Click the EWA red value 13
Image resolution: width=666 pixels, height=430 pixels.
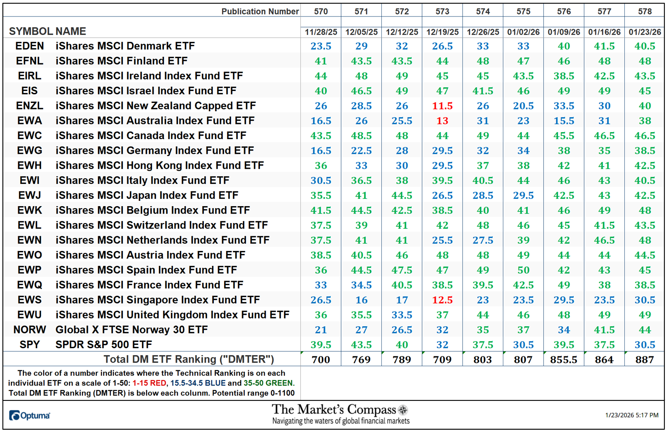click(x=442, y=121)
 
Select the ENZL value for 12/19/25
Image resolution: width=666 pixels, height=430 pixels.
click(x=442, y=106)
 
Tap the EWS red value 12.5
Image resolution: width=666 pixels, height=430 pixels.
click(x=442, y=300)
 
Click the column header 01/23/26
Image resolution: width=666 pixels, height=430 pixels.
click(x=645, y=32)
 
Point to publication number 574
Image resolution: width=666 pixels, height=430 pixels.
click(x=483, y=12)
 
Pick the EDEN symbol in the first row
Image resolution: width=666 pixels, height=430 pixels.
click(x=30, y=46)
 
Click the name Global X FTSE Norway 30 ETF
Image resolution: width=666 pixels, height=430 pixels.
click(x=131, y=330)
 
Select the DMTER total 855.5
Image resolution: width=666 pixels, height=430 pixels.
click(x=563, y=360)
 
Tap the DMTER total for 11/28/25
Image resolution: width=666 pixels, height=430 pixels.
click(x=320, y=360)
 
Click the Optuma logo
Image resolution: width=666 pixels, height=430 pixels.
click(x=30, y=416)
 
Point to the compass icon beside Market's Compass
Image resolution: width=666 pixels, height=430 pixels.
click(x=403, y=410)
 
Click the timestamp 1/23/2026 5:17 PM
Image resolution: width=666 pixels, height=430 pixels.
click(x=631, y=415)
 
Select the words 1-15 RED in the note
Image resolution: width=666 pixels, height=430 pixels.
click(x=149, y=383)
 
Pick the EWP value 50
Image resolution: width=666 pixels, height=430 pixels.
click(x=523, y=270)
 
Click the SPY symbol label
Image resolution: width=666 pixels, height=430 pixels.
click(x=30, y=345)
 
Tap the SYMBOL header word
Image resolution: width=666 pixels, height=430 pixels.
click(x=31, y=31)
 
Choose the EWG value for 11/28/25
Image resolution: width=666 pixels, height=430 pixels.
click(x=320, y=151)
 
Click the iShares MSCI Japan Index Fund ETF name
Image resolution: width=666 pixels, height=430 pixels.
click(x=147, y=195)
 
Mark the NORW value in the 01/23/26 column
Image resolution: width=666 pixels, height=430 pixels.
click(x=645, y=330)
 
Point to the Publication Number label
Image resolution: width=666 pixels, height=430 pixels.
click(x=260, y=12)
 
